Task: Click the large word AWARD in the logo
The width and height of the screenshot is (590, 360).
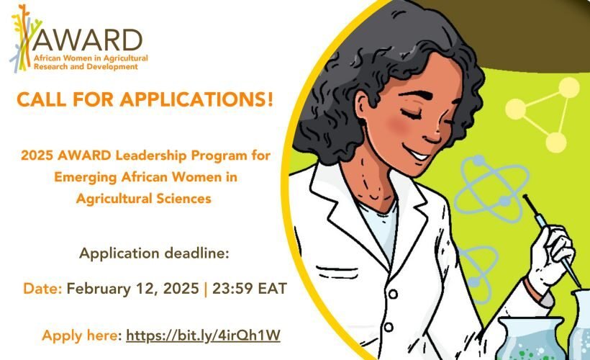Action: click(88, 37)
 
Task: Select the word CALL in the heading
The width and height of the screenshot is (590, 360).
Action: click(41, 100)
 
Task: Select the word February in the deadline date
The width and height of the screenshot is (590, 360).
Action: click(106, 289)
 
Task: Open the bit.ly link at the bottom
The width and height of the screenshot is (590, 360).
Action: click(203, 335)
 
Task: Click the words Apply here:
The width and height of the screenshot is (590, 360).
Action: click(81, 335)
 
